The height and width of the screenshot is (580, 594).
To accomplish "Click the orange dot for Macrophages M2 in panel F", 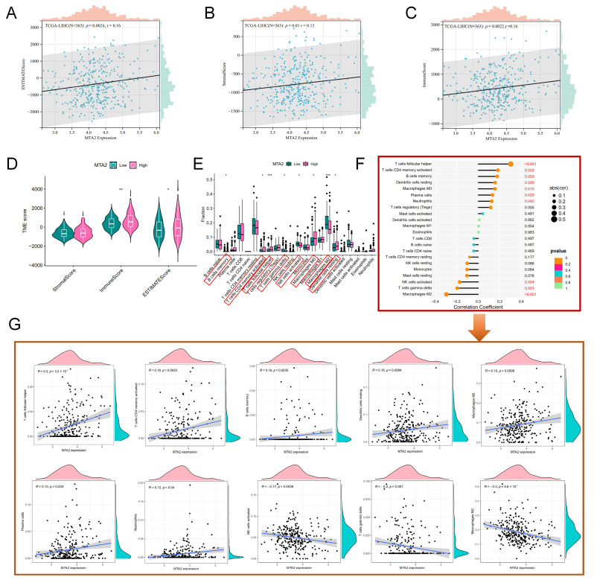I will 446,296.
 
